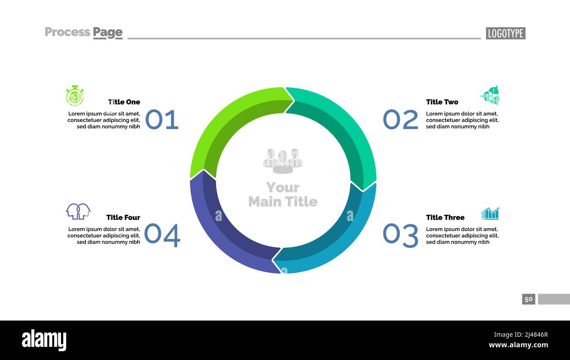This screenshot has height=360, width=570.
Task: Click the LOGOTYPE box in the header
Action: pos(505,33)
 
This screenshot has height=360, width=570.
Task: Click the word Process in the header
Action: pos(68,32)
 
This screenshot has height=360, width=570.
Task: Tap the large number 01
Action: pos(162,120)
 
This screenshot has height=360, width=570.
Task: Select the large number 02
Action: pos(400,120)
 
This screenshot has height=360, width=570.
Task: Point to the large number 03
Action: pos(400,235)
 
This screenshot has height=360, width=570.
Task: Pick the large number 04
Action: pos(162,235)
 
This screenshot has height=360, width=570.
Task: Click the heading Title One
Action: pos(124,102)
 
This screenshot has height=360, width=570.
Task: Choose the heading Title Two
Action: pos(442,102)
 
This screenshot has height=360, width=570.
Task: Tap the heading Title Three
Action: pos(445,217)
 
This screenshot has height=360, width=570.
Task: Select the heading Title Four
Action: pos(123,217)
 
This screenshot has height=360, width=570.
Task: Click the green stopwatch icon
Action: pos(75,96)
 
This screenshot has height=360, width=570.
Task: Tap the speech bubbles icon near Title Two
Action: pos(491,96)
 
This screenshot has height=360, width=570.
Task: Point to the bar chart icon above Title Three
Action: pos(490,214)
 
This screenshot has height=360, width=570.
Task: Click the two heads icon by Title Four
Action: pos(78,211)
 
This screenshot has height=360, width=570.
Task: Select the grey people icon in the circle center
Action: pos(283,160)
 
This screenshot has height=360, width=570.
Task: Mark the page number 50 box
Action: pos(528,299)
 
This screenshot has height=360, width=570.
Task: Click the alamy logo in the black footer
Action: pos(44,340)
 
